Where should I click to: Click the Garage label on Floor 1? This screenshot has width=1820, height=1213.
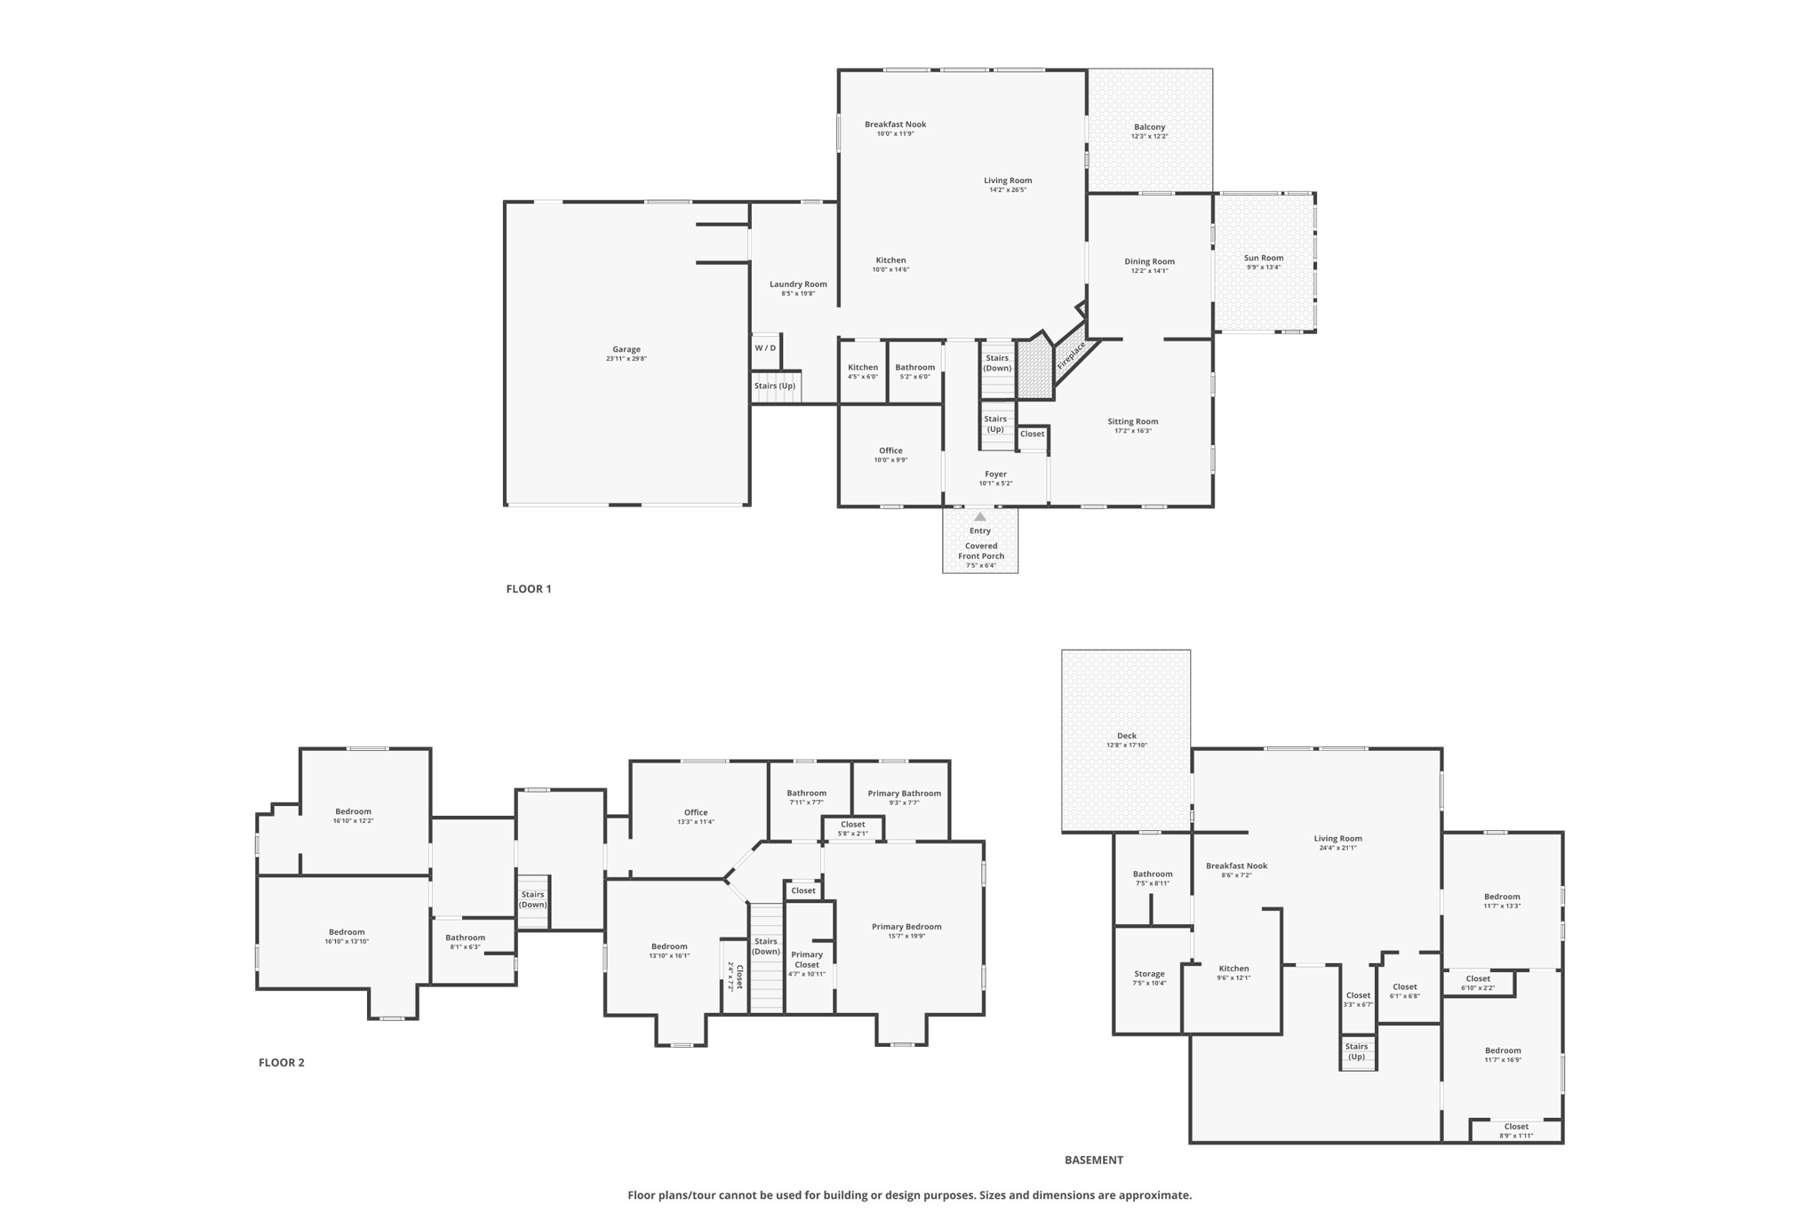(626, 349)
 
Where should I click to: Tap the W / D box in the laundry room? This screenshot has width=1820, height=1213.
(765, 347)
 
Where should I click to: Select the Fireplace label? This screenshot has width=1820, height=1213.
(1071, 355)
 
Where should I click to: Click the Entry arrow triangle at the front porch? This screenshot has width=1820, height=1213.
(979, 516)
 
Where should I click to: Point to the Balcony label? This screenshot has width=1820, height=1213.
(1149, 127)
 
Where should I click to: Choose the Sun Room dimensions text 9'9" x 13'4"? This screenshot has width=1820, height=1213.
(1263, 267)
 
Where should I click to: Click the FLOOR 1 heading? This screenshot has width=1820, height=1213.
(529, 588)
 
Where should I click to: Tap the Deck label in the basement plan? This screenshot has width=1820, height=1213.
(1126, 736)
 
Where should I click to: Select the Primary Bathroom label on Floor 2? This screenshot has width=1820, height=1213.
(904, 794)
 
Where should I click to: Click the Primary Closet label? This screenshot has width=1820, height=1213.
(807, 960)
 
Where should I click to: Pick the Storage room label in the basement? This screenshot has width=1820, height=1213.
(1149, 974)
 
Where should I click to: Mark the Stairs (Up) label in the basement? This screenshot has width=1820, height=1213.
(1356, 1051)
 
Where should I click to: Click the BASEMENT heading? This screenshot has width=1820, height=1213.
(1094, 1160)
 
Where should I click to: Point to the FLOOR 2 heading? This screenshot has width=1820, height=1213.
(281, 1062)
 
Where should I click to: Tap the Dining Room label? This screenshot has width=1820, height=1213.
(1149, 261)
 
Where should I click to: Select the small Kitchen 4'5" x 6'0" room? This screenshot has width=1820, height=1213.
(862, 371)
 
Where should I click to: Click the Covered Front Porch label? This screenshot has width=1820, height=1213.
(981, 551)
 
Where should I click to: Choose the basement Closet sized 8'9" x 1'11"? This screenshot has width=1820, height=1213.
(1516, 1130)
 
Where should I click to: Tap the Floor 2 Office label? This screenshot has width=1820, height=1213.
(696, 812)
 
